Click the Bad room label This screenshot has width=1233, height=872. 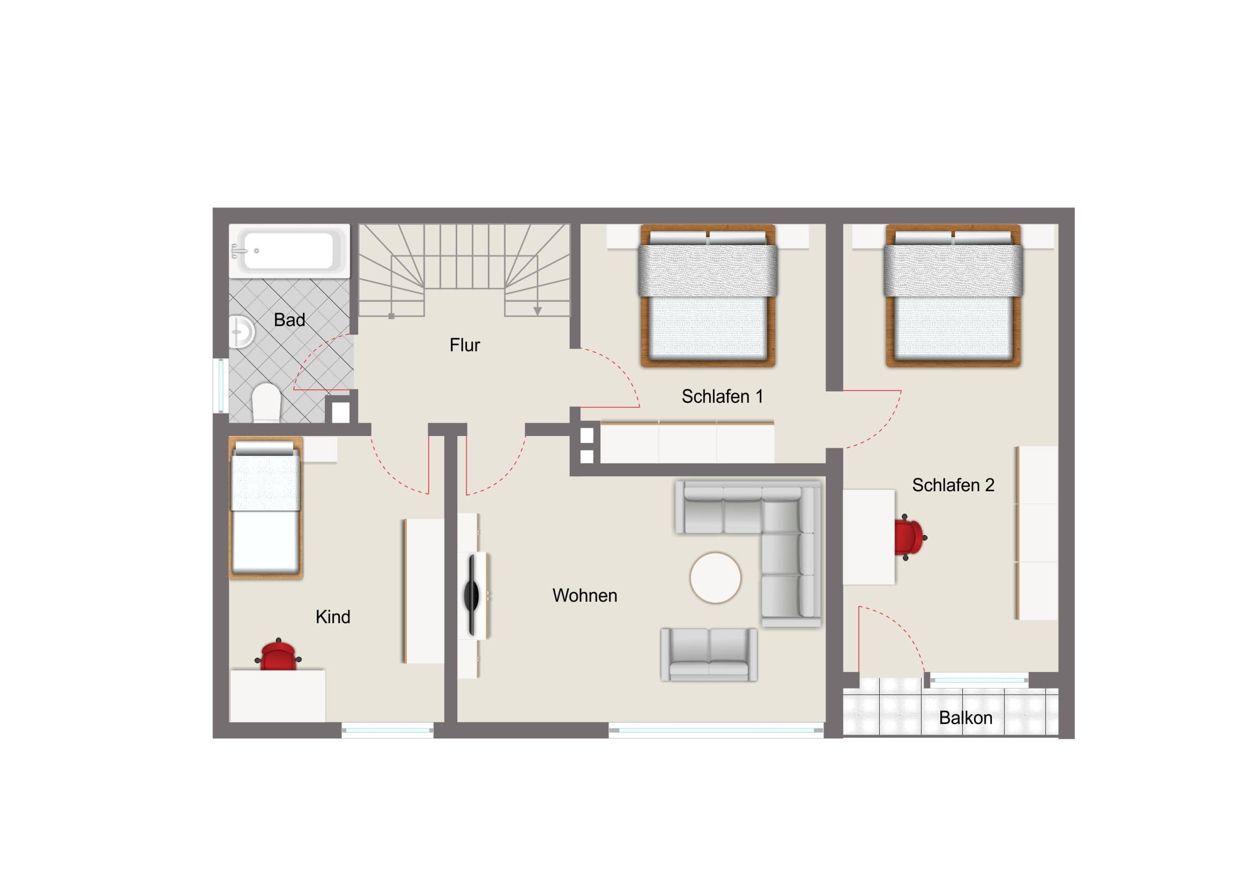click(x=289, y=320)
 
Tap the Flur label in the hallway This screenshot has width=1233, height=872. click(x=465, y=345)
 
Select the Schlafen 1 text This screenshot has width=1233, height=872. click(x=722, y=396)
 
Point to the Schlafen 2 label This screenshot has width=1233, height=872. click(x=953, y=485)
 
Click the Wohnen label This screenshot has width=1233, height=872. click(x=585, y=595)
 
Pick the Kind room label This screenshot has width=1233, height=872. click(x=333, y=617)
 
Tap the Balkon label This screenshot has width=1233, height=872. click(x=965, y=718)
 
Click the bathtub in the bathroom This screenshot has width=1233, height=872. click(x=289, y=251)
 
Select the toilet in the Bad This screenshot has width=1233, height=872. click(x=266, y=401)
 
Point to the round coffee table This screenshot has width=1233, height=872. click(x=715, y=578)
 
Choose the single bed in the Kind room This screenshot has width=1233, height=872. click(x=266, y=508)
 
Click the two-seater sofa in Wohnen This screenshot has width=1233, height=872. click(x=709, y=654)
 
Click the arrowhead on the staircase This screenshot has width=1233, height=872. click(x=537, y=311)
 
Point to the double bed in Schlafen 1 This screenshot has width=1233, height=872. click(x=708, y=295)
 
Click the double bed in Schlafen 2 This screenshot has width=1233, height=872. click(x=953, y=295)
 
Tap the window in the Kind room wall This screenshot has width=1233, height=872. click(x=387, y=730)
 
